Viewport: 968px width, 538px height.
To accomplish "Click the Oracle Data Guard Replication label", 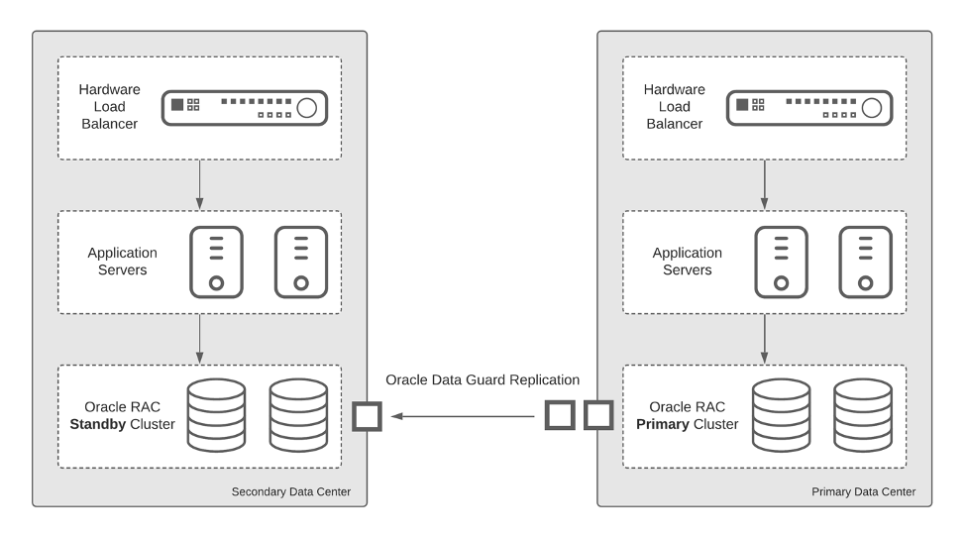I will point(483,379).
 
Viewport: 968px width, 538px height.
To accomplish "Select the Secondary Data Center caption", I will point(290,491).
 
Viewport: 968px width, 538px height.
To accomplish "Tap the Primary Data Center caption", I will point(863,491).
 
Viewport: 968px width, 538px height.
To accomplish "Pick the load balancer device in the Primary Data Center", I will point(807,107).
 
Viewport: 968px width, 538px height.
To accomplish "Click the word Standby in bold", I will point(100,425).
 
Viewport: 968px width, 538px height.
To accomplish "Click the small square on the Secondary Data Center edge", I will point(368,416).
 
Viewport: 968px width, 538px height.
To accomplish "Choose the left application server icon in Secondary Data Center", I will point(216,262).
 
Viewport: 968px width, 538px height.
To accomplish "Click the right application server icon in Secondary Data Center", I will point(299,262).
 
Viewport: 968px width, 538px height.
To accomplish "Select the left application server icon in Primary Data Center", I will point(781,262).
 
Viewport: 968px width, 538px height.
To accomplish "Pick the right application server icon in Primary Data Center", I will point(864,262).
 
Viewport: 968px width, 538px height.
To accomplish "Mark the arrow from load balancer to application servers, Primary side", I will point(764,183).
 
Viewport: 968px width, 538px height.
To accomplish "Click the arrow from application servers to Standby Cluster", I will point(200,339).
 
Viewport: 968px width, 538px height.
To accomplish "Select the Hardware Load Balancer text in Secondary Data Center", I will point(110,106).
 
